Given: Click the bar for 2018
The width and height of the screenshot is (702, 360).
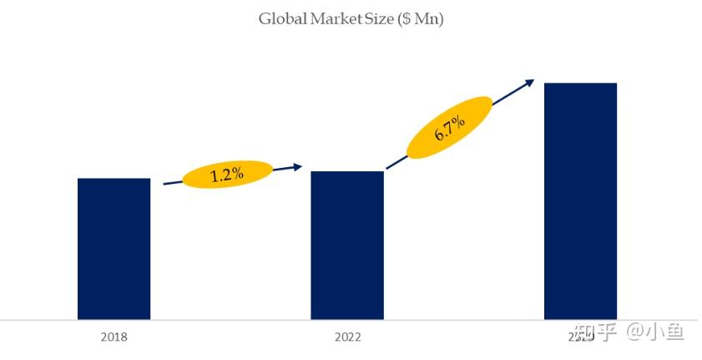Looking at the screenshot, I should (x=114, y=248).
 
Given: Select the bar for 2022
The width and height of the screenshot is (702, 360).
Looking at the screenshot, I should (x=347, y=245).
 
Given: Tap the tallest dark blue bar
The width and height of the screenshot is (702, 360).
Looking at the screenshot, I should (x=580, y=200).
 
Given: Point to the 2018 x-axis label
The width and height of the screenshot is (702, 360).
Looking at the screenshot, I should (x=114, y=337).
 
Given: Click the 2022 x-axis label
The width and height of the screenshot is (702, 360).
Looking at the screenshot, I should (x=347, y=337).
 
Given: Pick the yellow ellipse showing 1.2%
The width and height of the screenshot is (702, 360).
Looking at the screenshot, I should (x=227, y=175).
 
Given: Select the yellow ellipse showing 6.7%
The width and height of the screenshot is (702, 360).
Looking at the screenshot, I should (x=449, y=127).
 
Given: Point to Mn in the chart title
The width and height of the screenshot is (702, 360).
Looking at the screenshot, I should (x=428, y=18).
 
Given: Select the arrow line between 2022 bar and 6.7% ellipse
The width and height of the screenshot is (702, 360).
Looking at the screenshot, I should (x=396, y=162).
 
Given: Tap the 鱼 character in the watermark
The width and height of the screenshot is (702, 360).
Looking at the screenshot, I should (x=674, y=333).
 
